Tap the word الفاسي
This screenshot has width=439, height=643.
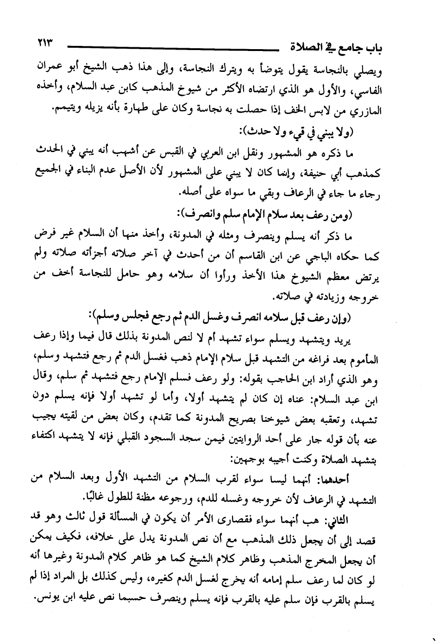coord(369,90)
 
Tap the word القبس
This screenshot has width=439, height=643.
coord(205,152)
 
